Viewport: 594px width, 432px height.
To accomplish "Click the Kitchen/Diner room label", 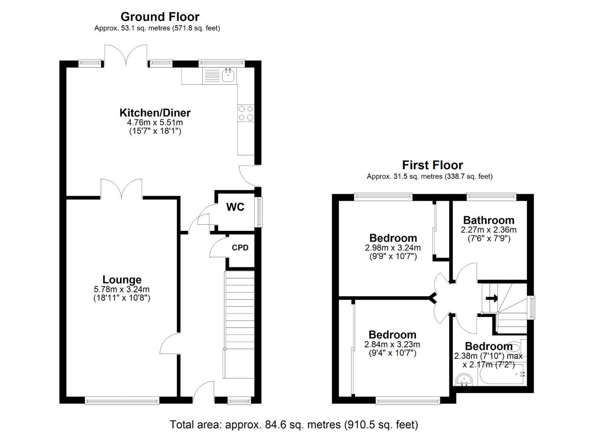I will (155, 112).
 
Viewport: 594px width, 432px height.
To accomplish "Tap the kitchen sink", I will (228, 75).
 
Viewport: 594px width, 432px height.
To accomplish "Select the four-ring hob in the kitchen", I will (246, 112).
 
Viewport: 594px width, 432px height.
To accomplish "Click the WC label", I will (235, 207).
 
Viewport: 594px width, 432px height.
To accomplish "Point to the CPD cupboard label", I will (240, 248).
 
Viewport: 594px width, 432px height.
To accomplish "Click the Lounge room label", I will (122, 280).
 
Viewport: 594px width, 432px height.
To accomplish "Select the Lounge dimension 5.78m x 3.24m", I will (122, 289).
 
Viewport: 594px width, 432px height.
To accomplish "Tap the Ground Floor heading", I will (160, 17).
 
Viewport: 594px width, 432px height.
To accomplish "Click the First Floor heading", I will (432, 165).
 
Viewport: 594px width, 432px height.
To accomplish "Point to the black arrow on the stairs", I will (492, 298).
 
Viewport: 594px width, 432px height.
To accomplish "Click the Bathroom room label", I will (489, 220).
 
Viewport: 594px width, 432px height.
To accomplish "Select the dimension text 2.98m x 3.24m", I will (393, 248).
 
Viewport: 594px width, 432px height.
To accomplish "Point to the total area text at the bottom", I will (294, 424).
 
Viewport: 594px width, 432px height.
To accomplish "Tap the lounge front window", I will (122, 400).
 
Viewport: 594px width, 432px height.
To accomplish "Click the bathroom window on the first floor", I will (491, 196).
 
